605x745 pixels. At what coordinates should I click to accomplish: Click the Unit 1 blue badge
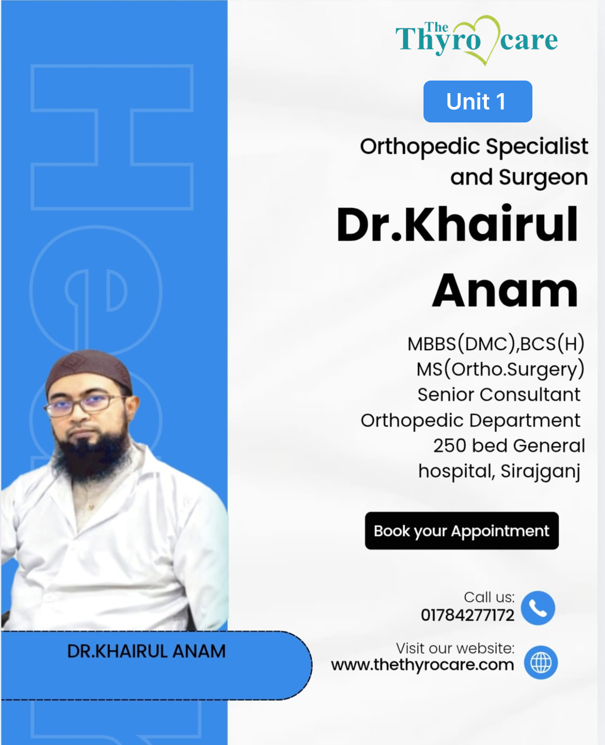pyautogui.click(x=477, y=102)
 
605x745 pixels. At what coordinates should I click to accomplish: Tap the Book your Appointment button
pyautogui.click(x=462, y=531)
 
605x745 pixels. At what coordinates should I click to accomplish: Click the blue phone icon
pyautogui.click(x=538, y=608)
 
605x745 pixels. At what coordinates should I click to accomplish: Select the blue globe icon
pyautogui.click(x=541, y=662)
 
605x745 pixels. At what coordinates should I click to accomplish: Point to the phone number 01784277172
pyautogui.click(x=467, y=615)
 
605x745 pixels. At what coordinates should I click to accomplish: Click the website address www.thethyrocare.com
pyautogui.click(x=423, y=664)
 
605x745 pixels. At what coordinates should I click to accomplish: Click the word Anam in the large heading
pyautogui.click(x=504, y=290)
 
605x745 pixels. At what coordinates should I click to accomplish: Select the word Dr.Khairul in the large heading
pyautogui.click(x=457, y=224)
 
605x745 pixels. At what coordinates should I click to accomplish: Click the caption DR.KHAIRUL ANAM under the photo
pyautogui.click(x=147, y=651)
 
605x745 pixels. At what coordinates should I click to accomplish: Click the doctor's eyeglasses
pyautogui.click(x=84, y=405)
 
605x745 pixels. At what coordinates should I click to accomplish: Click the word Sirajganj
pyautogui.click(x=541, y=472)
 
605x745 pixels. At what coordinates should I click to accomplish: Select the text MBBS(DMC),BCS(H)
pyautogui.click(x=496, y=344)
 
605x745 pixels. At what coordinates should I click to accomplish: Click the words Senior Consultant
pyautogui.click(x=499, y=394)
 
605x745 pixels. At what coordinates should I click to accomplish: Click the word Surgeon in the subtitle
pyautogui.click(x=544, y=177)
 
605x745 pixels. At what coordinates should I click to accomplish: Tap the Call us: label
pyautogui.click(x=489, y=597)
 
